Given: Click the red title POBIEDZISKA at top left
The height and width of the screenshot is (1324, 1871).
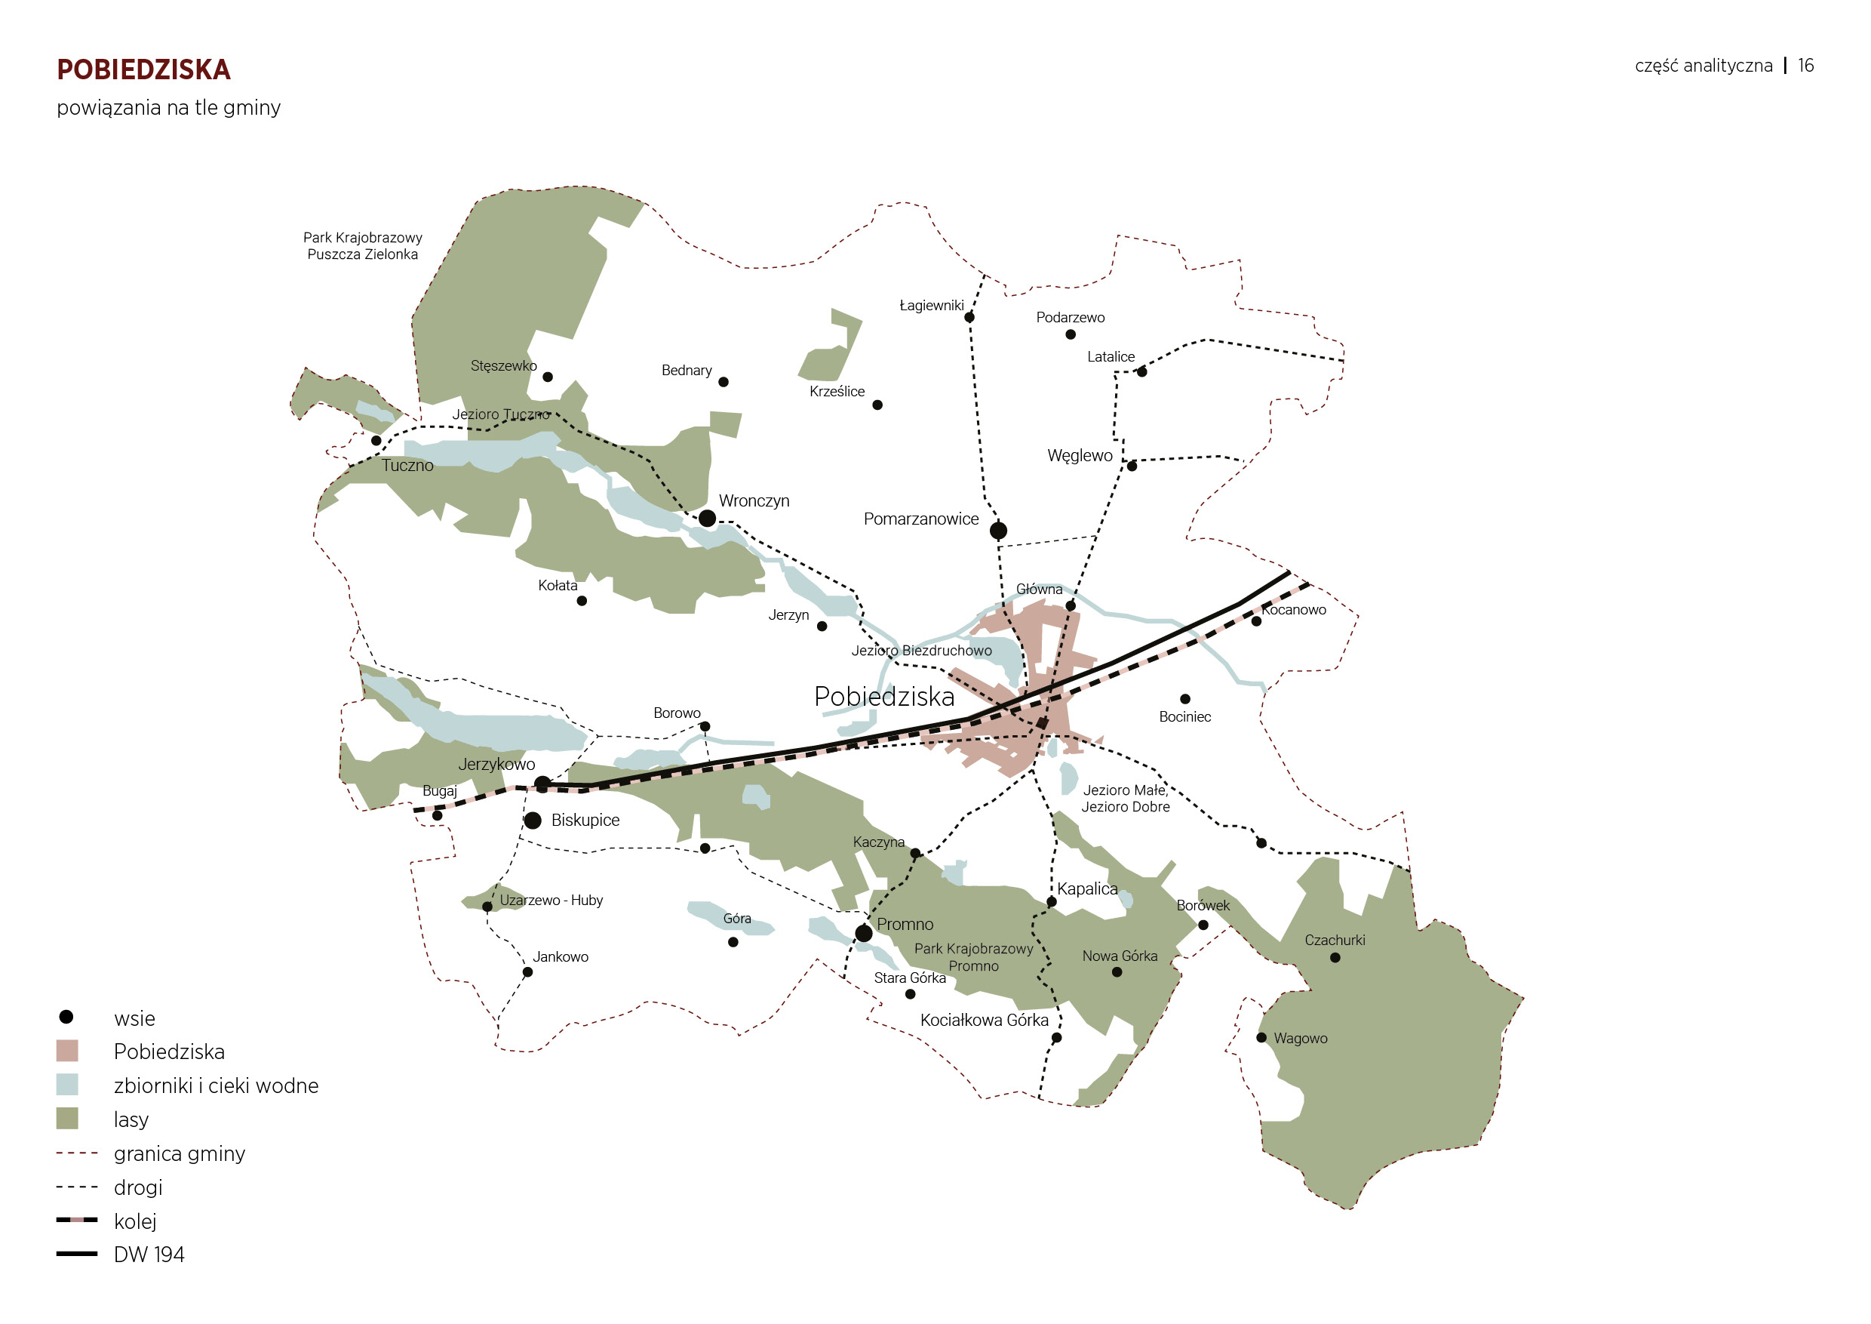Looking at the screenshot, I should [143, 70].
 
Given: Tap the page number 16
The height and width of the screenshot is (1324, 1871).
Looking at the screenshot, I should [1806, 66].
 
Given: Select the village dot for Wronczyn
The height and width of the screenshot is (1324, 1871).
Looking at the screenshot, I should [708, 519].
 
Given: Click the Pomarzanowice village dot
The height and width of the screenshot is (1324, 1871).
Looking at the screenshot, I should [998, 531].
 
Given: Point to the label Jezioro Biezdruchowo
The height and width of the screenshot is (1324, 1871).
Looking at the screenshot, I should [922, 651].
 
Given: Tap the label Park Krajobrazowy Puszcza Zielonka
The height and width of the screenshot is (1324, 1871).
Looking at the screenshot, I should [363, 246].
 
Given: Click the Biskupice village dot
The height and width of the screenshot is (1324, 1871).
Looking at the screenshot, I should [533, 821].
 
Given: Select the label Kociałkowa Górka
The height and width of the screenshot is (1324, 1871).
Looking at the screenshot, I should [984, 1020].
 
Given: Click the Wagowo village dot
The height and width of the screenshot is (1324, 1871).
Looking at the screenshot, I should [1261, 1038].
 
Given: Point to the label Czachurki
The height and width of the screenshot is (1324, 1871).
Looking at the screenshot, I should [1335, 940].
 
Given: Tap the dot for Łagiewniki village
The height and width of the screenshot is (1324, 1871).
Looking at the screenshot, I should [969, 317].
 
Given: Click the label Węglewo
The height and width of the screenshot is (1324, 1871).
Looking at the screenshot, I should [1080, 456].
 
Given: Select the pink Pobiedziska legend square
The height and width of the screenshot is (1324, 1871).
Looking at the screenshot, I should [67, 1051].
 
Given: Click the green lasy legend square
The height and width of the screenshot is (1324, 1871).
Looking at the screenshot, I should [67, 1119].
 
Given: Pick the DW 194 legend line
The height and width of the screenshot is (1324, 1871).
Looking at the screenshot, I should [77, 1254].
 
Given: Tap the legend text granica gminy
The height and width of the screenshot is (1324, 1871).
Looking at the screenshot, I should [180, 1153].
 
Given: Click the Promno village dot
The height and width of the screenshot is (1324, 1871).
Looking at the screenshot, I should [864, 933].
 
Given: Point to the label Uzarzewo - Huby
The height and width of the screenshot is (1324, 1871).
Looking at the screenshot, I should [551, 900].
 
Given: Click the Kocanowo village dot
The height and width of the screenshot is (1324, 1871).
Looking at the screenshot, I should [1257, 621].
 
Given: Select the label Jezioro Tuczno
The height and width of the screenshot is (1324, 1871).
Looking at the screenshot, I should [500, 414].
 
